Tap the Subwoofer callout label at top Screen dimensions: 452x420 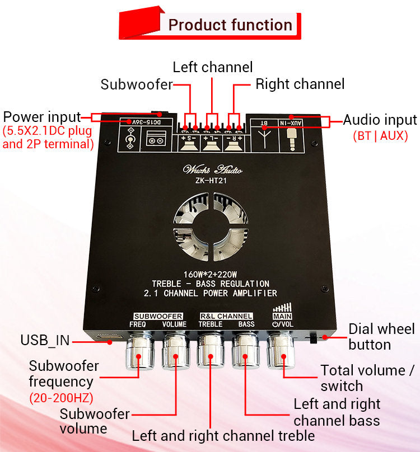tap(136, 85)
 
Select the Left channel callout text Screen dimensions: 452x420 tap(212, 67)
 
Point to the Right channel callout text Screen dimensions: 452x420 tap(300, 84)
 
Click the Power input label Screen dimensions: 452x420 tap(42, 117)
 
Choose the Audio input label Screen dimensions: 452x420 tap(380, 120)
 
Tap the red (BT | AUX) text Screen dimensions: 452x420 tap(380, 136)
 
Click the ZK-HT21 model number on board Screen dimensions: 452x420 tap(212, 180)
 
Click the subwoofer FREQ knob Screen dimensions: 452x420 tap(137, 353)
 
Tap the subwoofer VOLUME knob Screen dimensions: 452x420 tap(175, 353)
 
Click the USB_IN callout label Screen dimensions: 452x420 tap(45, 340)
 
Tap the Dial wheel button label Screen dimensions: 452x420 tap(381, 337)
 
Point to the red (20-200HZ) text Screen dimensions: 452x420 tap(61, 398)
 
